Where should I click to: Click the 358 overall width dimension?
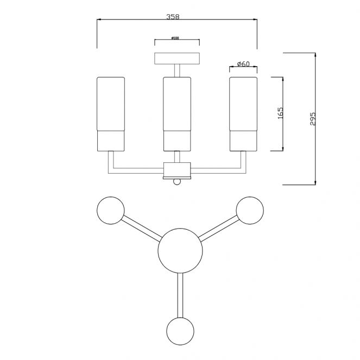173,17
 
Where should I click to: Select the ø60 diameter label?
243,64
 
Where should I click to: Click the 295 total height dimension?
312,119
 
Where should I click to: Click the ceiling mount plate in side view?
177,58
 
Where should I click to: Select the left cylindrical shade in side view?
111,113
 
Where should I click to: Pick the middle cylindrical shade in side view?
177,113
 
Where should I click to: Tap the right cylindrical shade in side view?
243,113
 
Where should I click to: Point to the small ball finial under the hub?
177,182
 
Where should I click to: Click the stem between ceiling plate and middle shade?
177,71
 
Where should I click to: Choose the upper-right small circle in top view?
250,210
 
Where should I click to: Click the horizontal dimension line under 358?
136,21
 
